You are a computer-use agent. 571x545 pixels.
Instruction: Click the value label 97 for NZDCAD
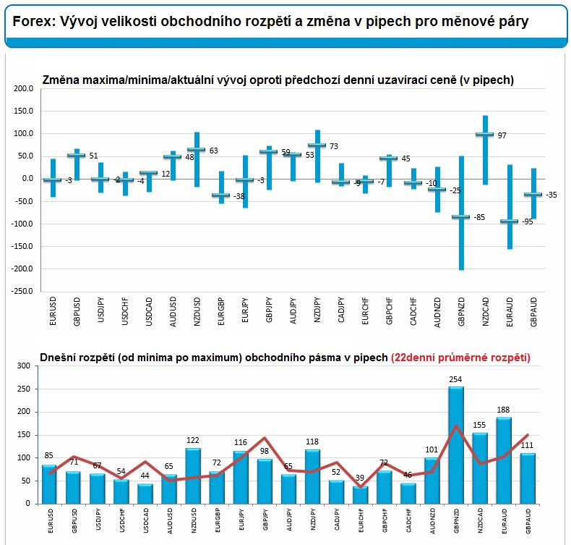point(502,135)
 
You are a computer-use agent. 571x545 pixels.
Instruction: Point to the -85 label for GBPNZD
point(478,217)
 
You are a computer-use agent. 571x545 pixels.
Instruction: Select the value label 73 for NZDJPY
point(335,146)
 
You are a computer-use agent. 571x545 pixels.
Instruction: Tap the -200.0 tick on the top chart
point(22,269)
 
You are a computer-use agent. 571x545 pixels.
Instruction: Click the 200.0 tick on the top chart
point(23,88)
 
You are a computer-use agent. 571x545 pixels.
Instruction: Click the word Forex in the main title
point(29,22)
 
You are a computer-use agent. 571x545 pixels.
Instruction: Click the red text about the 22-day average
point(460,357)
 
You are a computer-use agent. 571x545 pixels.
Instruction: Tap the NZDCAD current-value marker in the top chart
point(484,135)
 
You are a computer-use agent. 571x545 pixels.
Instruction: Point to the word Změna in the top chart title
point(60,80)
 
